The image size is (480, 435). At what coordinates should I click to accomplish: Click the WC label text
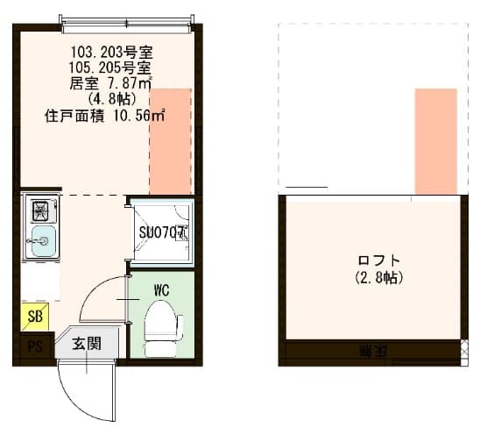[x=161, y=289]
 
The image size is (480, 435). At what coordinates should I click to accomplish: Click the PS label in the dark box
[x=34, y=345]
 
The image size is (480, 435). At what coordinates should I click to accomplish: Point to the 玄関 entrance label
[x=86, y=343]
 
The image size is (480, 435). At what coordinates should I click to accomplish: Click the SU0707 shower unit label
[x=162, y=233]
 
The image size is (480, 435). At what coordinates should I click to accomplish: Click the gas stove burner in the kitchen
[x=40, y=211]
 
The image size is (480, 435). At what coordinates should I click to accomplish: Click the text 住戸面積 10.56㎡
[x=105, y=115]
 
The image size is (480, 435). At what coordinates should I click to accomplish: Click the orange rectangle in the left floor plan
[x=170, y=140]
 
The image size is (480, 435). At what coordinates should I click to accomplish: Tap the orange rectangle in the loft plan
[x=435, y=140]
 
